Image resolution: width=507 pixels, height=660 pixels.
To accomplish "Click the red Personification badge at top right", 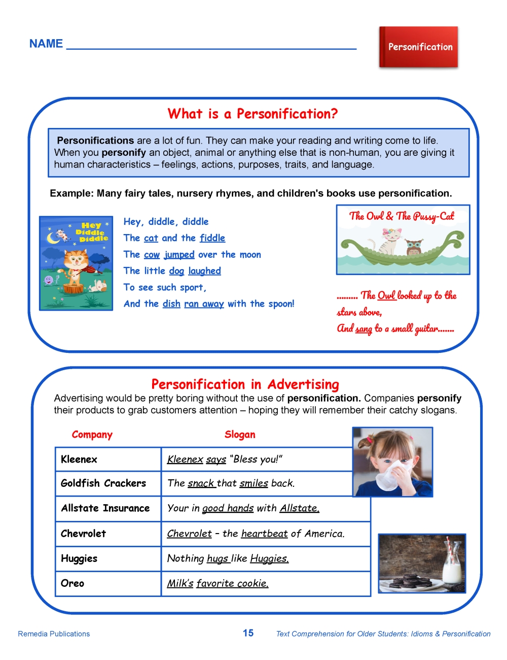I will point(418,47).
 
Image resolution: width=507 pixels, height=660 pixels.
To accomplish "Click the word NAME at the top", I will point(46,44).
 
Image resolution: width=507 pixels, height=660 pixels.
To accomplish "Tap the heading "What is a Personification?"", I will point(252,114).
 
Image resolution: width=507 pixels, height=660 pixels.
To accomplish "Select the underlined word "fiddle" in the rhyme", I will point(212,238).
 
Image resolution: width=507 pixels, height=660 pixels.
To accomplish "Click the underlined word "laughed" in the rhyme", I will point(204,271).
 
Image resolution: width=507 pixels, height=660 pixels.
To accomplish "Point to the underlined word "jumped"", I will point(179,254).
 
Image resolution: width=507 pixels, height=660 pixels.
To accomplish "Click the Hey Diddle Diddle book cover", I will point(76,263).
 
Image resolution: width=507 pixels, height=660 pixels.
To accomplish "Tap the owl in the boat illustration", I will point(414,247).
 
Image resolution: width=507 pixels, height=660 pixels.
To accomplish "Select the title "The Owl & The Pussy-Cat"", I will point(402,216).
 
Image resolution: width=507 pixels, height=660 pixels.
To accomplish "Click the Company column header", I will point(92,435).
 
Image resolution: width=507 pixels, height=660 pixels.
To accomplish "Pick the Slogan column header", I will point(240,435).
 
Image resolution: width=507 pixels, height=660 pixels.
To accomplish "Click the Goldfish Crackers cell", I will point(103,483).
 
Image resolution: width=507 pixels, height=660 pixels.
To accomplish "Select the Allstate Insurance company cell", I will point(105,508).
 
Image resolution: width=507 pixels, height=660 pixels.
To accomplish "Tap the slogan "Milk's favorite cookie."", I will point(218,583).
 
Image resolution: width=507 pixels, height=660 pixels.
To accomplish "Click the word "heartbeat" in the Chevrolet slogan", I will point(264,534).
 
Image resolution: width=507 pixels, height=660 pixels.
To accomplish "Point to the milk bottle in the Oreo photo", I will point(451,566).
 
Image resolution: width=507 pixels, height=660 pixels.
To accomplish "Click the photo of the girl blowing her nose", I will point(392,461).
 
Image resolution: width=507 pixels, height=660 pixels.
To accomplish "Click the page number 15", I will point(248,633).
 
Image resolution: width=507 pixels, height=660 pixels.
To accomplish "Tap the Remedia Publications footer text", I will point(54,634).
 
